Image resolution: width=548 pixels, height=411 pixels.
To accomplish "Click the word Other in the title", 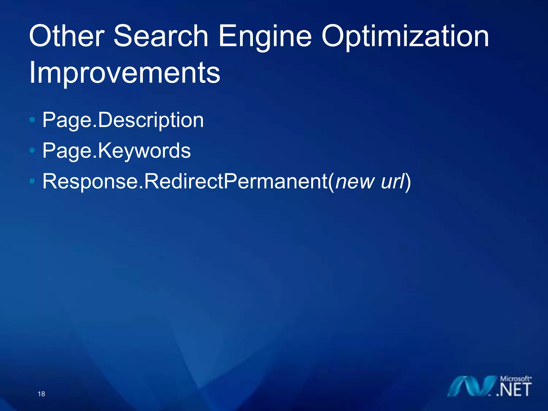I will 67,36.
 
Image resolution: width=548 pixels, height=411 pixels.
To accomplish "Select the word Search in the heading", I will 161,36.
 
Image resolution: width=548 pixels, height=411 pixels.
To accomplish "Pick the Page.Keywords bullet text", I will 117,151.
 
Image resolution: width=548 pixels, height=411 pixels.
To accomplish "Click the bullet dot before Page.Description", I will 32,120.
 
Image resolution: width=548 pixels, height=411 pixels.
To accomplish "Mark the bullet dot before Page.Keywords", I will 32,150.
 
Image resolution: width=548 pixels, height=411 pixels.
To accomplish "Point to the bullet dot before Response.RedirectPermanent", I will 32,181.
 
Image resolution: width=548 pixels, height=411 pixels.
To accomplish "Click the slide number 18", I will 41,394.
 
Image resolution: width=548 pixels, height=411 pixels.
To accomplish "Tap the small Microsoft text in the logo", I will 515,379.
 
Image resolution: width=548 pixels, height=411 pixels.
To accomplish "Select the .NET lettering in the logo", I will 514,390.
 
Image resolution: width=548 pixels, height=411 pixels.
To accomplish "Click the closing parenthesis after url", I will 408,182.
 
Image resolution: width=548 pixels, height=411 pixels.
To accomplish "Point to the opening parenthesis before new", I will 332,182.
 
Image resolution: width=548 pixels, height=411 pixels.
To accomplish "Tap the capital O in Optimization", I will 333,36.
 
